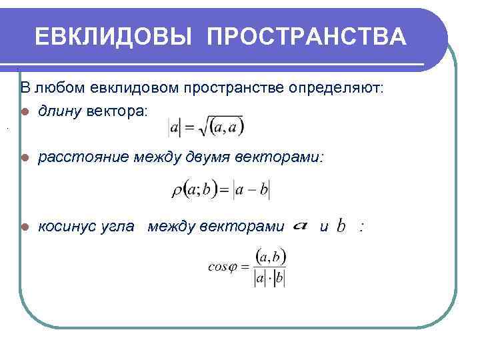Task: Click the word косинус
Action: [x=66, y=227]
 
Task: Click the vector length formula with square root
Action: [x=206, y=125]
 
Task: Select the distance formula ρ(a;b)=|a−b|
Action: [x=221, y=190]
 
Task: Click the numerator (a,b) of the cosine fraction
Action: [x=270, y=255]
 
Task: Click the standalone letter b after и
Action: [x=341, y=227]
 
